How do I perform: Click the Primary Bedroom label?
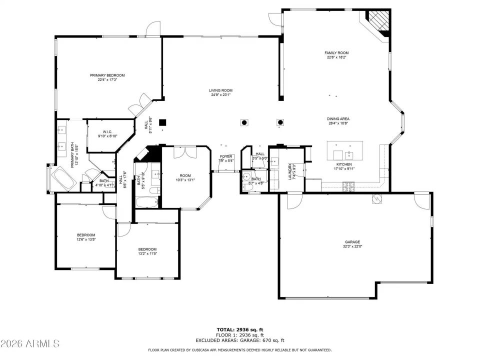(x=107, y=75)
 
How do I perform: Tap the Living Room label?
(x=220, y=90)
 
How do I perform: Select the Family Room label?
(x=336, y=52)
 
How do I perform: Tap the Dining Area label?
(x=338, y=119)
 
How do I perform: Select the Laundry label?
(x=289, y=171)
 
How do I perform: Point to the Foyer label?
(x=226, y=156)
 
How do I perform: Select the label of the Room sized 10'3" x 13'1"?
(x=185, y=175)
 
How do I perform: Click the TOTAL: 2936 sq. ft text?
(x=239, y=329)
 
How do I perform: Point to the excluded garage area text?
(x=239, y=340)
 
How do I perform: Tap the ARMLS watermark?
(x=30, y=343)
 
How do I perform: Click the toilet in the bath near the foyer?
(x=246, y=176)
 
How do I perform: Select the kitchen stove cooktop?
(x=347, y=186)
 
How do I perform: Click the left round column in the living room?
(x=244, y=122)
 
